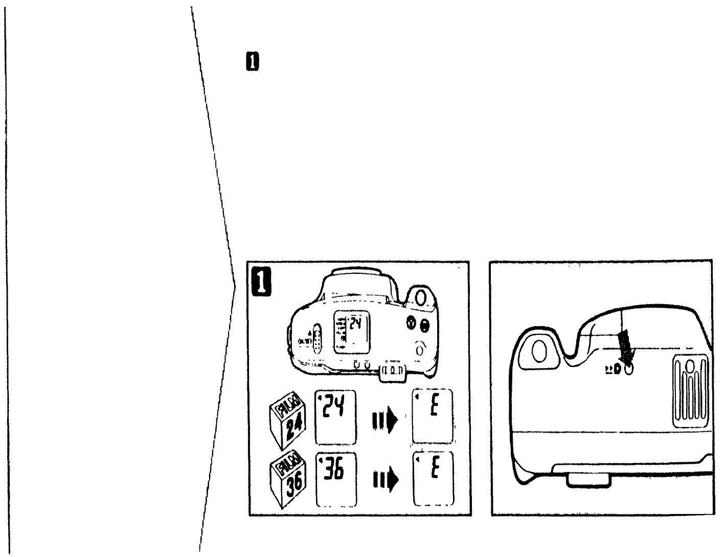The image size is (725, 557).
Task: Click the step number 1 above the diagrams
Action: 252,61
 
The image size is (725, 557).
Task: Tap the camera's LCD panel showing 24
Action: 353,331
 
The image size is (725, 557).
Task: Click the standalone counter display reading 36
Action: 336,479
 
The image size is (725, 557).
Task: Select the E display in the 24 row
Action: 433,417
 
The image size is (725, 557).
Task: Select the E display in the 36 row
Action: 433,479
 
